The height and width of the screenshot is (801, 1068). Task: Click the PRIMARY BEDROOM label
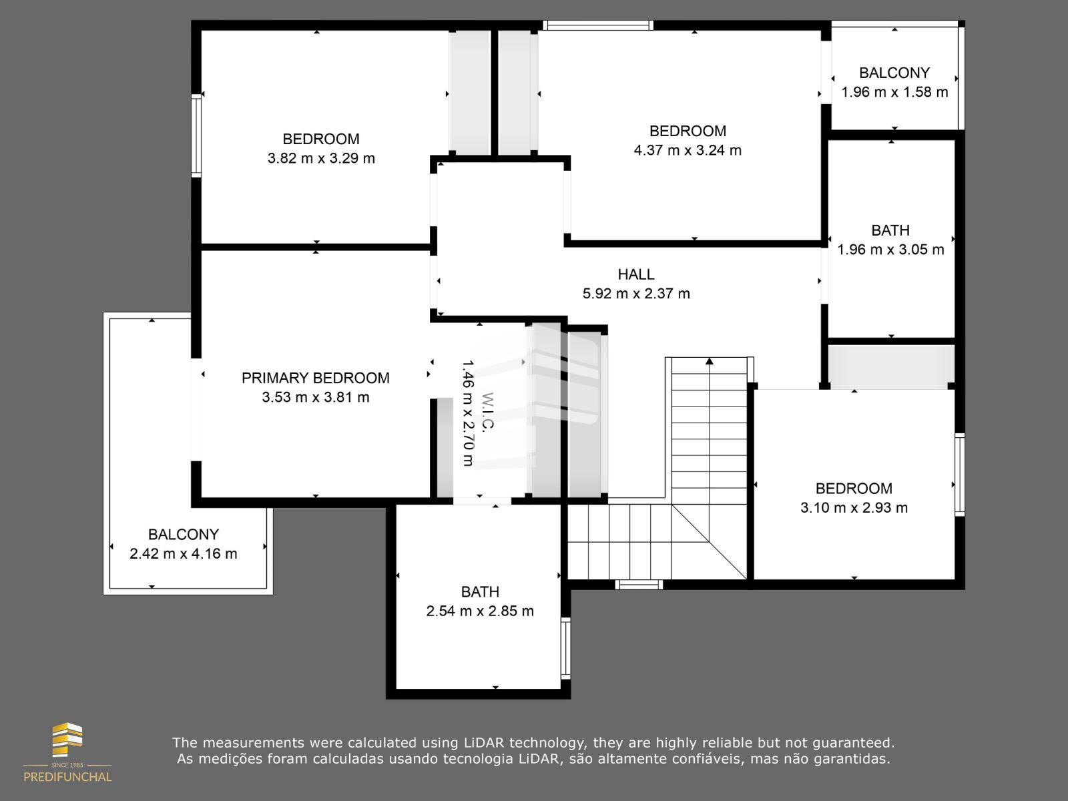[x=315, y=378]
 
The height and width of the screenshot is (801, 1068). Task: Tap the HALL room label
[x=636, y=274]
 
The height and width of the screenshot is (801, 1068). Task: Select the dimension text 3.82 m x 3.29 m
[x=321, y=158]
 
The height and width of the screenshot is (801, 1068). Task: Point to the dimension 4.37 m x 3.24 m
[x=688, y=150]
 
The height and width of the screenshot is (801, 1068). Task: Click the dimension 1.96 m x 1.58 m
[x=894, y=91]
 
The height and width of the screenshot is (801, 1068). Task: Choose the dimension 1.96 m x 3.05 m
[x=890, y=249]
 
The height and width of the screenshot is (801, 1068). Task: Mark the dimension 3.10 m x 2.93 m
[x=854, y=507]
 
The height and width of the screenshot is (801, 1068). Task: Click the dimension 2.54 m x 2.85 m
[x=480, y=610]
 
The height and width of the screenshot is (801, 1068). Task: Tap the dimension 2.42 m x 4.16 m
[x=184, y=553]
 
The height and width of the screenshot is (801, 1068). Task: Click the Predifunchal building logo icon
[x=67, y=740]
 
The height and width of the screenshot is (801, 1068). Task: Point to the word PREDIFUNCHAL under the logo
[x=67, y=777]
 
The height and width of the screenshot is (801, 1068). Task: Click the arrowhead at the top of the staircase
[x=710, y=361]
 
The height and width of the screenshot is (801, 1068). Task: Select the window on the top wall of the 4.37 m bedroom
[x=598, y=25]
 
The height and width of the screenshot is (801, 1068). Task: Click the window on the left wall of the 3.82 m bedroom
[x=196, y=136]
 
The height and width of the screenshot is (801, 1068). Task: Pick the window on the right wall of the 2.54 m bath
[x=565, y=647]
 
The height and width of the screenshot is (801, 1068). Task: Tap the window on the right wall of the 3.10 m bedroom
[x=959, y=475]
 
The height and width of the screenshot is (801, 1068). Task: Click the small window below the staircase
[x=639, y=585]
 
